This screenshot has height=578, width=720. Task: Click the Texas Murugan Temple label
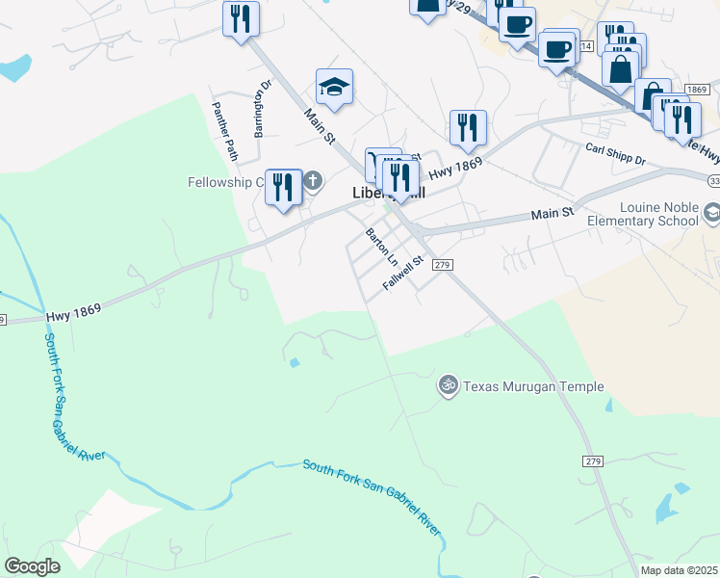tap(533, 386)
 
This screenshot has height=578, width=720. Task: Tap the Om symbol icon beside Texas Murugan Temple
tap(447, 385)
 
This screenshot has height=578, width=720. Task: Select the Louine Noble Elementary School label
tap(658, 214)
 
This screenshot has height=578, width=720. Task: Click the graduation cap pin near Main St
tap(335, 88)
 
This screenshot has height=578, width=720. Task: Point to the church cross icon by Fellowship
tap(313, 180)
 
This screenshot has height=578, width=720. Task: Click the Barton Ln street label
tap(381, 248)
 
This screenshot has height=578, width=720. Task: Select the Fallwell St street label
tap(403, 273)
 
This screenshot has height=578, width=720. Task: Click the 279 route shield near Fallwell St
tap(442, 264)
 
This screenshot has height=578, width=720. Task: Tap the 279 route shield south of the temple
tap(592, 461)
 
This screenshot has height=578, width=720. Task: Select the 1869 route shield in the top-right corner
tap(697, 89)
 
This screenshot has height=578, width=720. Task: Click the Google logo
tap(32, 566)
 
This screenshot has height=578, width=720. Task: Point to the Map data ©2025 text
tap(679, 570)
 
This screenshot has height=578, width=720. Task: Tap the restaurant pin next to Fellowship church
tap(283, 186)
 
